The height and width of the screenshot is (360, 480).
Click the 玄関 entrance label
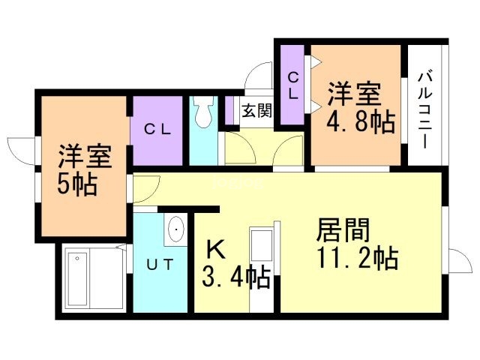(256, 110)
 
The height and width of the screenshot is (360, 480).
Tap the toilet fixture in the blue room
(204, 112)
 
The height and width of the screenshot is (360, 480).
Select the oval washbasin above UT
(176, 229)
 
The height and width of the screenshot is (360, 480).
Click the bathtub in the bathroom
(78, 279)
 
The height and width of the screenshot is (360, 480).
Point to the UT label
(160, 265)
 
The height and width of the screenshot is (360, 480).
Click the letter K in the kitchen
(216, 249)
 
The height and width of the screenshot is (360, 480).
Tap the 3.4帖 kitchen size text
(236, 277)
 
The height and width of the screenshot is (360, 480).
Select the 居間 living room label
(343, 229)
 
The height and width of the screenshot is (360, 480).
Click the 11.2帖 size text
(358, 258)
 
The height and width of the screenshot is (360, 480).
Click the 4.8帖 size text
(361, 121)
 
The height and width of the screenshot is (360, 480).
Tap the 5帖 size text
(77, 184)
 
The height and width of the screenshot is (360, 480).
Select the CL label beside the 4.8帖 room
(293, 85)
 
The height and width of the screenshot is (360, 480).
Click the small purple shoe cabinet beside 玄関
(229, 110)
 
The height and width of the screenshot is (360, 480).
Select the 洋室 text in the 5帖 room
(85, 156)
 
